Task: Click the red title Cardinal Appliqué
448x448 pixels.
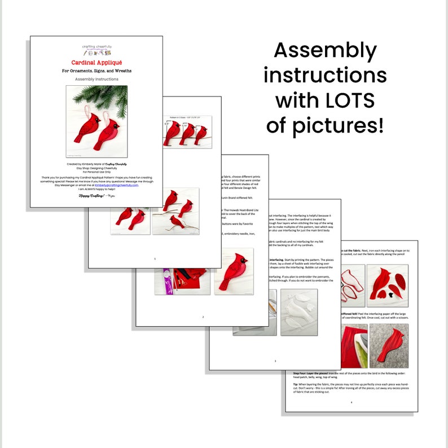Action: (x=96, y=62)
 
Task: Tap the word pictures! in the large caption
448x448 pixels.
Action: (x=325, y=125)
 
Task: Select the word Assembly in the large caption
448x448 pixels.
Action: (x=325, y=51)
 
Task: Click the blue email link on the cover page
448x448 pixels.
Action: (x=116, y=185)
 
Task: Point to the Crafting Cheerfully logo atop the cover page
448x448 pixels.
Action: (x=96, y=49)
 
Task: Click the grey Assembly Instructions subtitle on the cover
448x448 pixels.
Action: (x=96, y=80)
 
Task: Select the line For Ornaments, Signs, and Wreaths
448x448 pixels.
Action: (x=96, y=71)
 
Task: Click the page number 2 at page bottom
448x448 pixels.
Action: (x=203, y=317)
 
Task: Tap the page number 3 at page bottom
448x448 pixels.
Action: (x=275, y=361)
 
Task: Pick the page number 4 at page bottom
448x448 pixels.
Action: (x=351, y=402)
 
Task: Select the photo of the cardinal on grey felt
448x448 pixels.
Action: (x=389, y=345)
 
